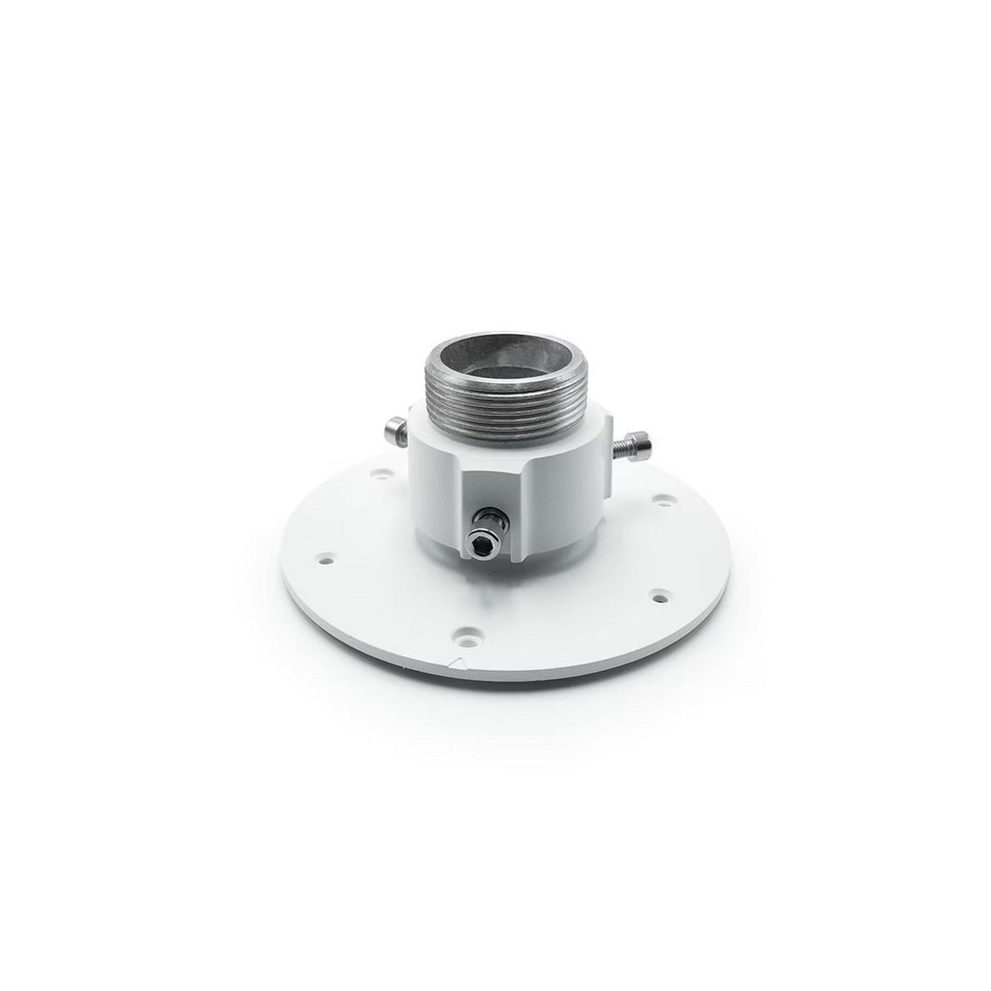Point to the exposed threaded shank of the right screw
coord(620,446)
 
